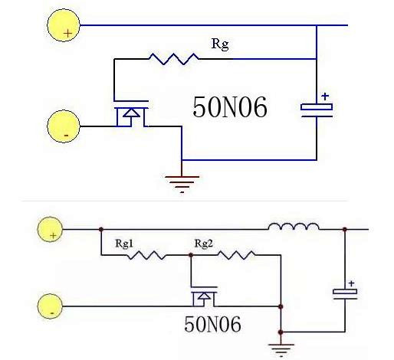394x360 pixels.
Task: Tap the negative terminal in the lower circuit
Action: [x=52, y=306]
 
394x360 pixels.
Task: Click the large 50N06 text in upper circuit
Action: [x=229, y=108]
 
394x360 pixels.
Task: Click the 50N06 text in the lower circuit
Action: [x=212, y=324]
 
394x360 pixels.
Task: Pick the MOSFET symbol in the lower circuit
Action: [x=202, y=297]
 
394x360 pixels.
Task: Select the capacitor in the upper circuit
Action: [x=317, y=110]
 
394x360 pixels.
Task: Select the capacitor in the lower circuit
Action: [x=345, y=293]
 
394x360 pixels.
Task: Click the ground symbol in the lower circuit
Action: [x=283, y=349]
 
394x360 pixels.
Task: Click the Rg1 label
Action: [x=126, y=244]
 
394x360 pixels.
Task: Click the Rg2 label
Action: [x=202, y=244]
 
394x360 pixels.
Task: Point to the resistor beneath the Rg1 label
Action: [x=146, y=256]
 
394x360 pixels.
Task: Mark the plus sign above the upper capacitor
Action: [x=325, y=97]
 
